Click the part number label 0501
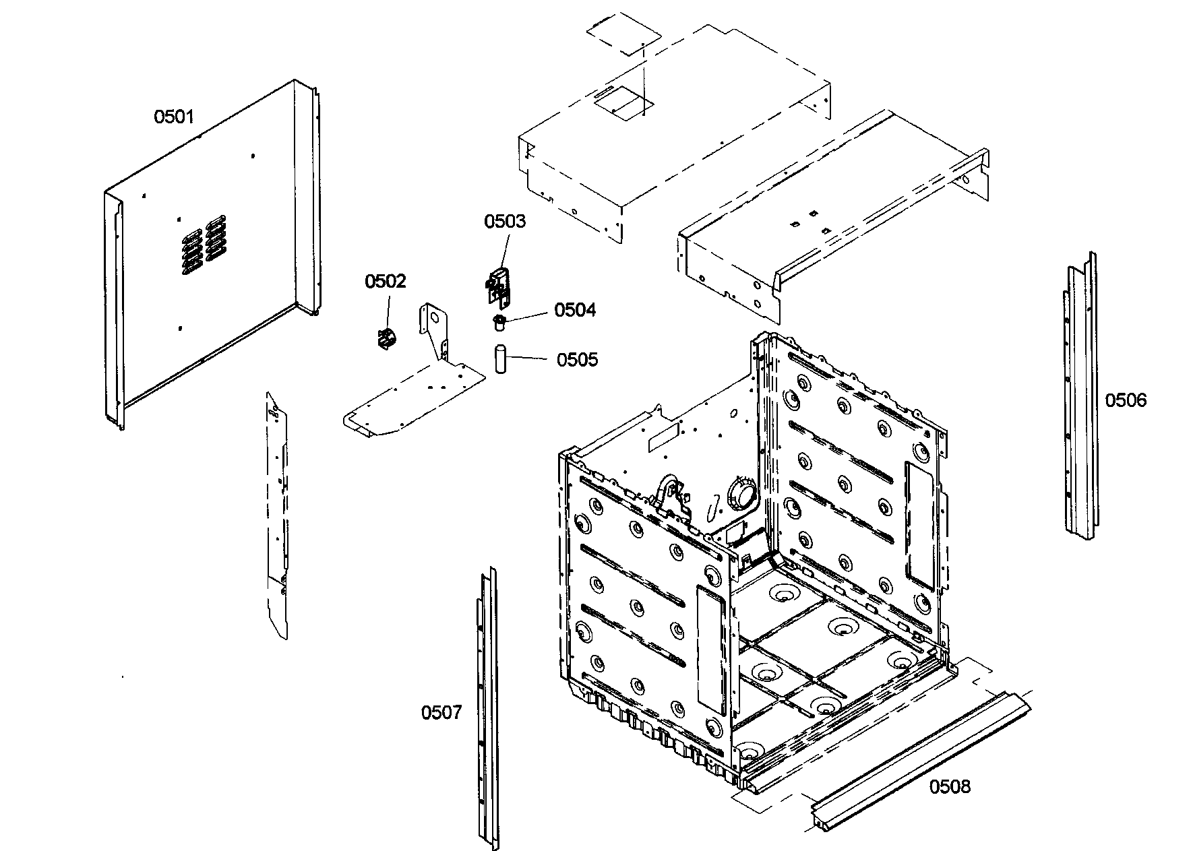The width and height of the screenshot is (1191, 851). click(x=174, y=117)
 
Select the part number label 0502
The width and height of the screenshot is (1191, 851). click(x=386, y=281)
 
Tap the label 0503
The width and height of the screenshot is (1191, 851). click(x=505, y=222)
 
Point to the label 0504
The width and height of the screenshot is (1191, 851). click(x=575, y=310)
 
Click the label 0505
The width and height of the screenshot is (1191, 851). click(x=577, y=360)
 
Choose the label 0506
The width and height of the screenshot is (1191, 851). click(x=1125, y=400)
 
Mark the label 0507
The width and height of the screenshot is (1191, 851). click(x=441, y=712)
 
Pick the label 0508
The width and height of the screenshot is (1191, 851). click(x=950, y=786)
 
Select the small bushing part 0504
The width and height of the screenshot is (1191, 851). click(x=499, y=321)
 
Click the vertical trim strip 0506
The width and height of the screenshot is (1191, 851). click(x=1080, y=398)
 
